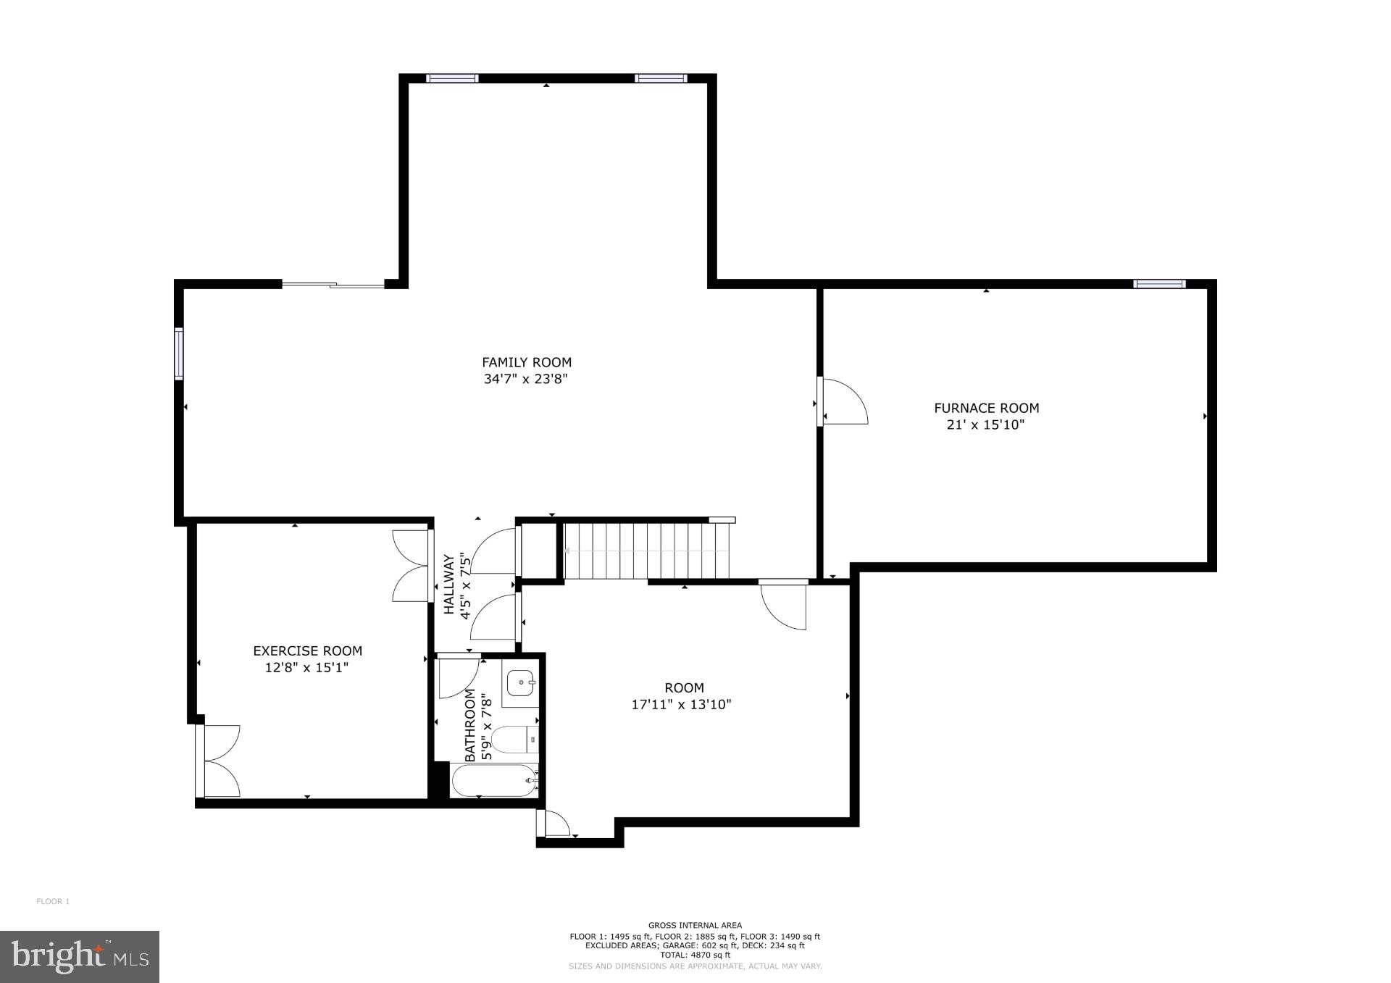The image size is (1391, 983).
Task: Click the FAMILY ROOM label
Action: click(527, 362)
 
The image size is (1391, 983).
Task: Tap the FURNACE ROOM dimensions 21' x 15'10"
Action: click(985, 425)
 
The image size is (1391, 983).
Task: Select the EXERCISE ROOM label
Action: click(307, 651)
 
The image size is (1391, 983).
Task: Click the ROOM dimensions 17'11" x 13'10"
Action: click(681, 704)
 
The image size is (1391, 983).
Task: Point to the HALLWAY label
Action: click(449, 585)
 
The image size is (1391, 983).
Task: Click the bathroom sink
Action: click(520, 682)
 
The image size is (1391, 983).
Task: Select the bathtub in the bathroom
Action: click(493, 781)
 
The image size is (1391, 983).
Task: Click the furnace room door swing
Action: click(844, 402)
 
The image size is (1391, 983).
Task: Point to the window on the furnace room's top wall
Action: click(1159, 284)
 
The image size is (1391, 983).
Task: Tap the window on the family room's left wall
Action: click(178, 354)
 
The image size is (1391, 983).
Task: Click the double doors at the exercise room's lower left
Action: click(219, 761)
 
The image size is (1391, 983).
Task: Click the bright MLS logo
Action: click(80, 956)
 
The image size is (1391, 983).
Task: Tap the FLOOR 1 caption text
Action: click(53, 901)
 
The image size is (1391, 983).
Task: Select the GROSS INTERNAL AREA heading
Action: click(694, 925)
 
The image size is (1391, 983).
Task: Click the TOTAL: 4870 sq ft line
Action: click(694, 955)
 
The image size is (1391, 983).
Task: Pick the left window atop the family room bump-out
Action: click(452, 78)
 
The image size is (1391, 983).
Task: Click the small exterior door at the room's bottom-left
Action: click(555, 824)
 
